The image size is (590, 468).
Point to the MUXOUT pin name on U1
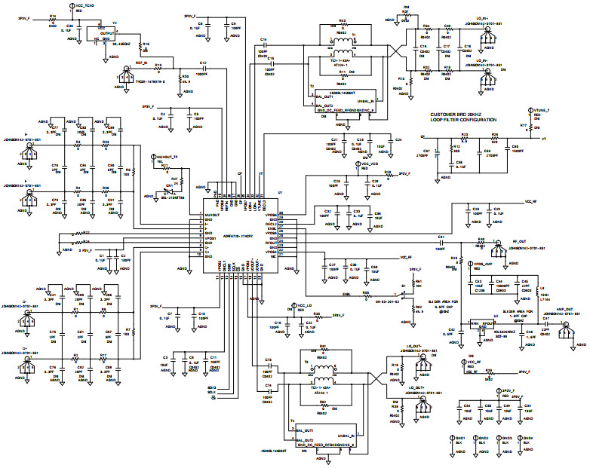tap(212, 215)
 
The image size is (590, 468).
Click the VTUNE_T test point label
tap(541, 110)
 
